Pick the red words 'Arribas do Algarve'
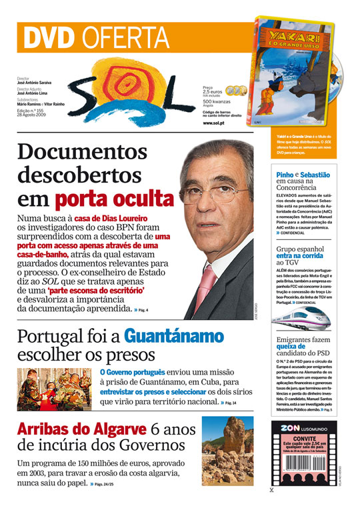(81, 429)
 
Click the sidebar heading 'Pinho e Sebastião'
(303, 175)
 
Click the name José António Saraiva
(34, 83)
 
